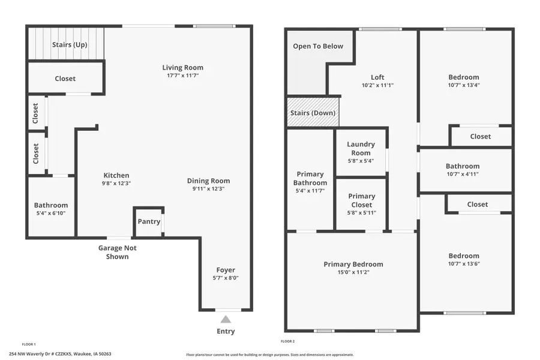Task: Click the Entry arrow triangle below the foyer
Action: click(226, 320)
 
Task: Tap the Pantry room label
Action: click(149, 221)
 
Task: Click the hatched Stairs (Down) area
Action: click(313, 113)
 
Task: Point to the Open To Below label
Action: click(318, 46)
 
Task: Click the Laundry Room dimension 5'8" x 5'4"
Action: click(361, 161)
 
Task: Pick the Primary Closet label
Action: click(362, 200)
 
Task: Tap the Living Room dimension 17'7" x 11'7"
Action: click(182, 76)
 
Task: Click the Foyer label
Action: click(226, 270)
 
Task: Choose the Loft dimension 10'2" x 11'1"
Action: click(377, 85)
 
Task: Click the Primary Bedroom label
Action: click(353, 264)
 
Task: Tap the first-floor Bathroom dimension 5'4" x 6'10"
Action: click(51, 214)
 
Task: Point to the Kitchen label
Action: click(116, 175)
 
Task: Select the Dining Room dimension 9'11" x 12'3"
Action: click(208, 189)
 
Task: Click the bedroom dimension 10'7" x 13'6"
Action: click(464, 264)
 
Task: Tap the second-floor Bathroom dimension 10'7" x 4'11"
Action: click(462, 175)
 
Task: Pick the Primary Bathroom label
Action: click(310, 179)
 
